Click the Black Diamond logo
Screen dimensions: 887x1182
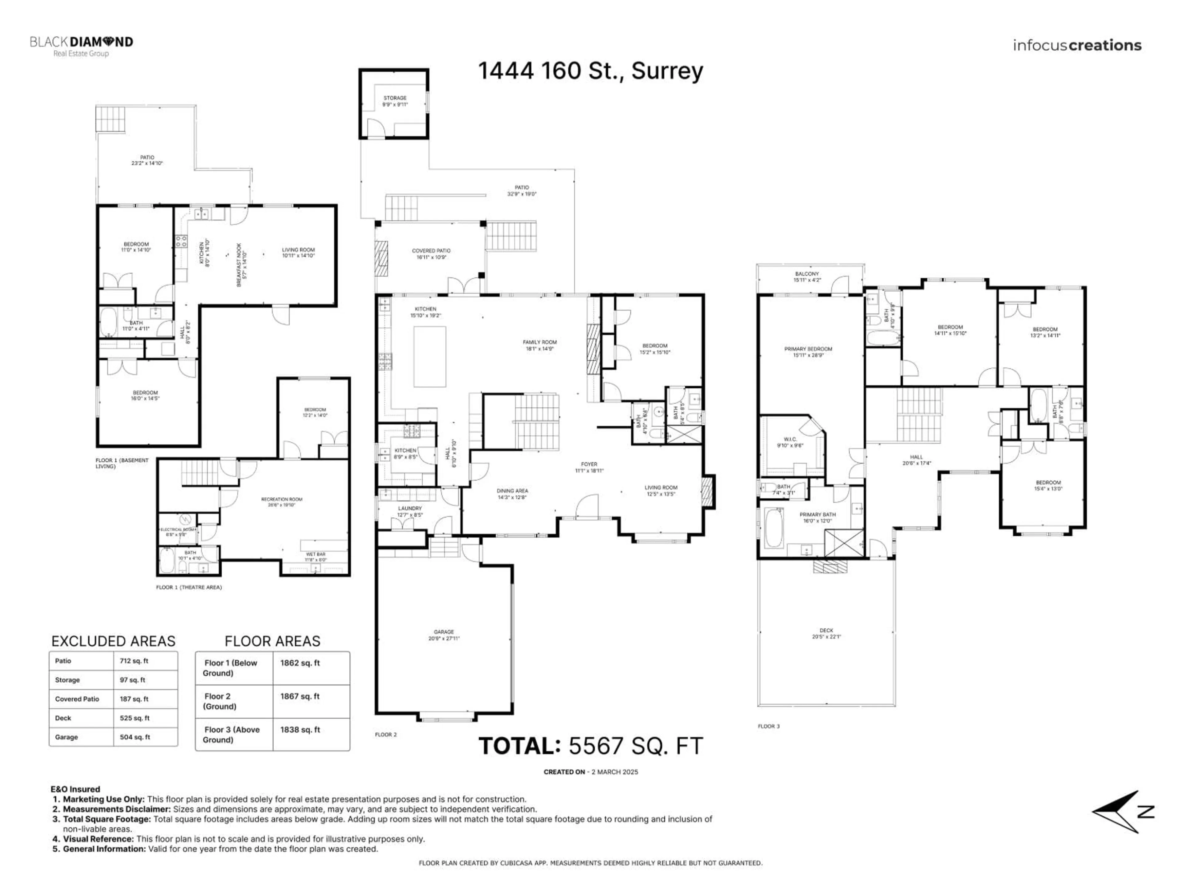point(81,46)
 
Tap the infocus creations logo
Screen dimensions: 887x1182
point(1077,46)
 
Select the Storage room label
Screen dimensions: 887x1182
point(395,101)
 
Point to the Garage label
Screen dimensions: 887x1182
point(444,635)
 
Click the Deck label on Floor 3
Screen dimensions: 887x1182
point(826,633)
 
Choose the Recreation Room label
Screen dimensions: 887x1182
point(282,501)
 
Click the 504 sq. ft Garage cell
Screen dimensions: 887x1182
point(135,737)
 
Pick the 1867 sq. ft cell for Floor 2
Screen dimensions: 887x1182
point(300,696)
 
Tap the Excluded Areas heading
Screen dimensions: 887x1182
point(113,641)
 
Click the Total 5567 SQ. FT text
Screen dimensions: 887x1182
point(590,746)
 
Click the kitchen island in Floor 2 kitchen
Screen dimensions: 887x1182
point(430,356)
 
